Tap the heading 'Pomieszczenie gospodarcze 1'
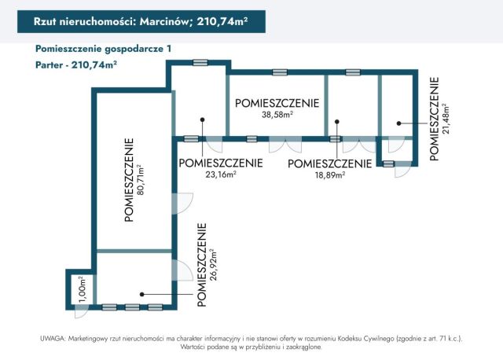click(103, 49)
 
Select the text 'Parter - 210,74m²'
click(76, 65)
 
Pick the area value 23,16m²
click(220, 175)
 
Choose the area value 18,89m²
click(329, 175)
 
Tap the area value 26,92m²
click(212, 265)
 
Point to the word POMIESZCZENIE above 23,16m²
click(220, 163)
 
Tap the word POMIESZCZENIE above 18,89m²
click(329, 163)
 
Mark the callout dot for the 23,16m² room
click(203, 120)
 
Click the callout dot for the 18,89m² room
click(337, 121)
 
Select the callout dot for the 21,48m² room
click(398, 122)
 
